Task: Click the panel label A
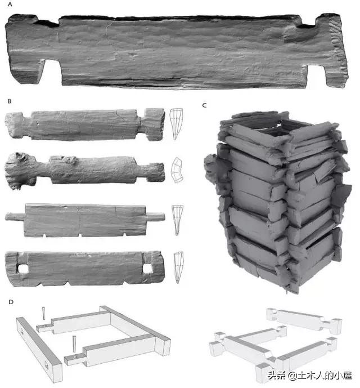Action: [10, 4]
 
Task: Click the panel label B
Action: [10, 101]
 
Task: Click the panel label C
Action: [204, 105]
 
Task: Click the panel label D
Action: [11, 302]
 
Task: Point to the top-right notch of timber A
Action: [307, 24]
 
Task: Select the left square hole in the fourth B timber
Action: [23, 269]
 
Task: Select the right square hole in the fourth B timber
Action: [147, 268]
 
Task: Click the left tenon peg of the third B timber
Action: [15, 217]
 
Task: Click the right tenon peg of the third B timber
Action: [155, 216]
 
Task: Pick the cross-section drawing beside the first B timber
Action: [176, 124]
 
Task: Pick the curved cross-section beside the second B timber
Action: [177, 170]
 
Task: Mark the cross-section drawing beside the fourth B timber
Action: [178, 267]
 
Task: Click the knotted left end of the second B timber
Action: [19, 170]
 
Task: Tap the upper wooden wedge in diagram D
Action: [44, 313]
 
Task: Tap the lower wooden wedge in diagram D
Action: [74, 344]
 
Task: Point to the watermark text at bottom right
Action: [309, 376]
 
